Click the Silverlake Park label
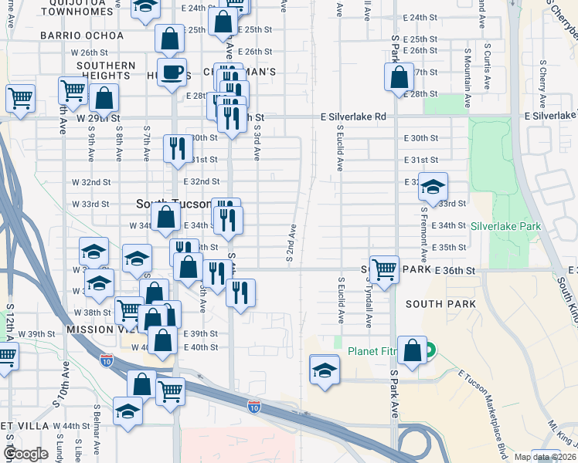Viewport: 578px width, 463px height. [506, 226]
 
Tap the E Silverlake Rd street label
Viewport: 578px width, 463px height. [353, 117]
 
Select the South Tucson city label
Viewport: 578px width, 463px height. [173, 204]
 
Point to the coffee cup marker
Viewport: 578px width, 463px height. [172, 73]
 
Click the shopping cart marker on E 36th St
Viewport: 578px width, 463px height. [384, 269]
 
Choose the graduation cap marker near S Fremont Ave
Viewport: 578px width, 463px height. [433, 187]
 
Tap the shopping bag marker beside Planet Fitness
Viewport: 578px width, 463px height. [413, 349]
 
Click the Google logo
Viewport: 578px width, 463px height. [25, 454]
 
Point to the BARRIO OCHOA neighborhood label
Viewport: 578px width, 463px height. [82, 36]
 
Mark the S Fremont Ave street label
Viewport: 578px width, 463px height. [424, 231]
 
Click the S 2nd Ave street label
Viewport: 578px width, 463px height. [291, 243]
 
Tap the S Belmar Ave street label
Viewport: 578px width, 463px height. [97, 432]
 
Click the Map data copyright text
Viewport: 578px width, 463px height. [541, 457]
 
